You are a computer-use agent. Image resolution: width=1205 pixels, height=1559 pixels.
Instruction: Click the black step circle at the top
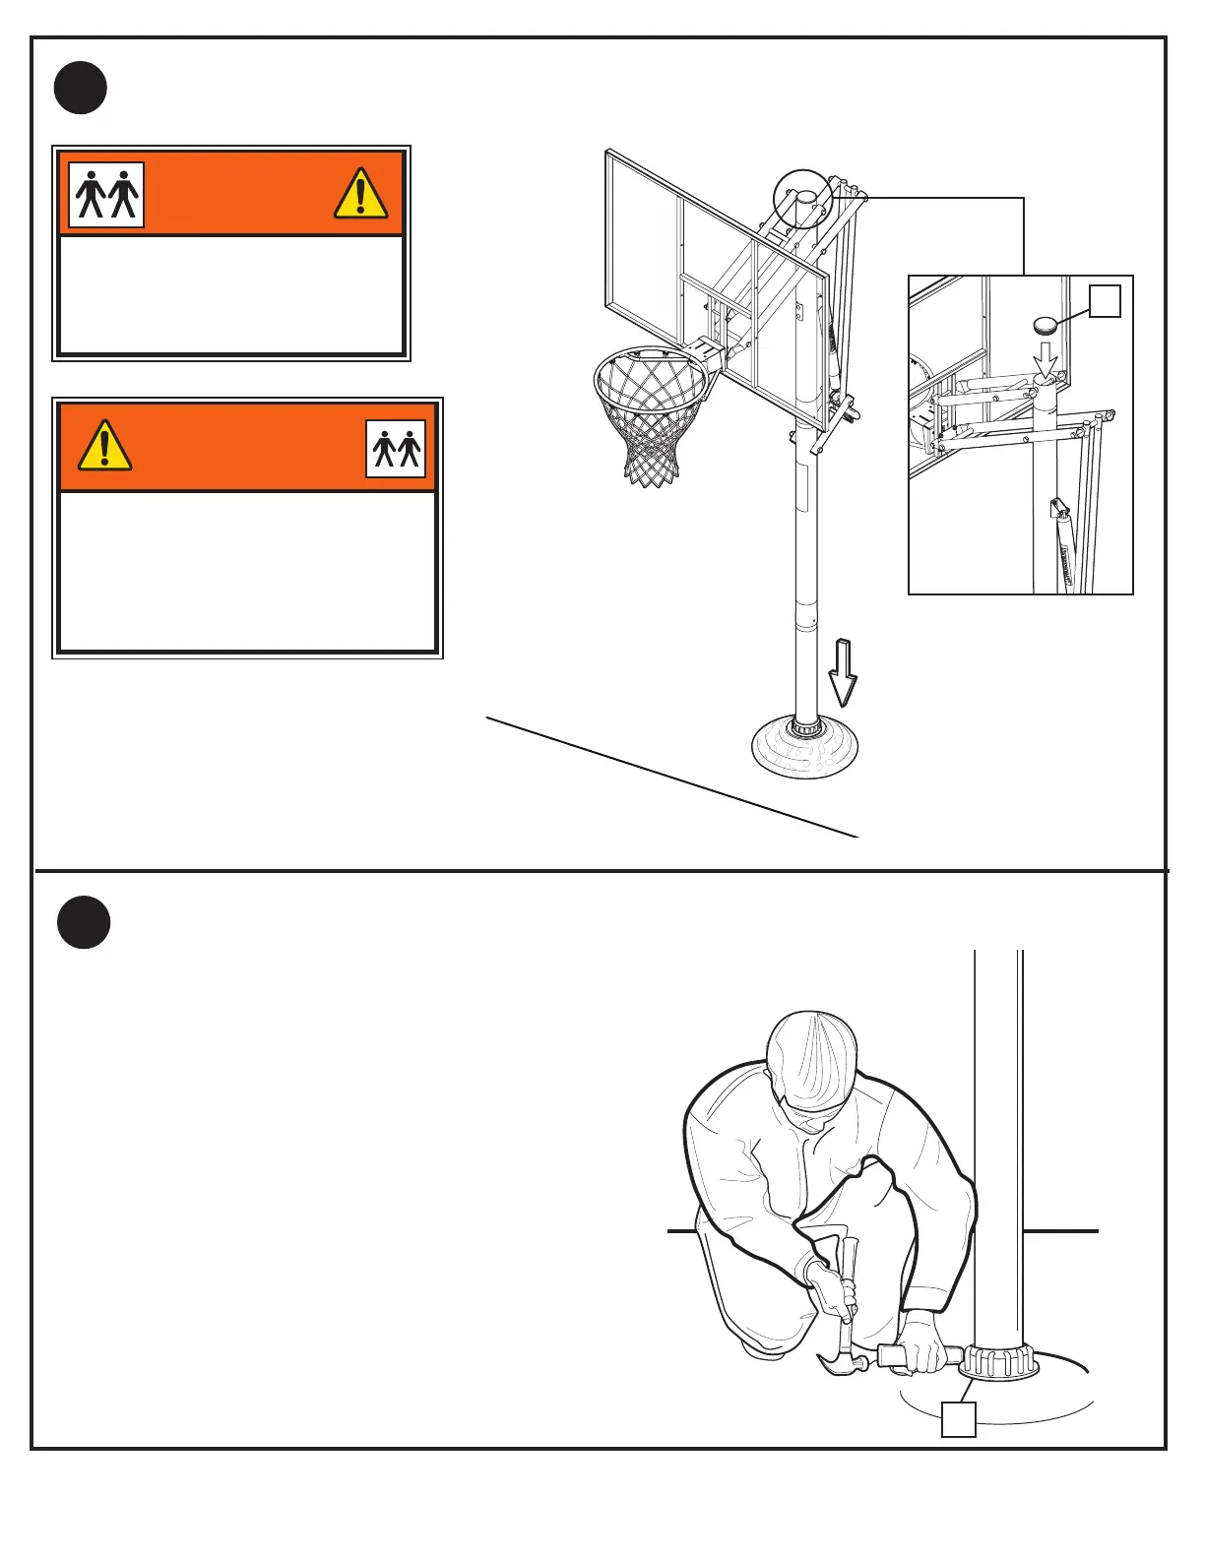point(81,88)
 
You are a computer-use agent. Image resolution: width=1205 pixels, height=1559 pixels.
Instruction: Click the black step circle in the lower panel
point(83,922)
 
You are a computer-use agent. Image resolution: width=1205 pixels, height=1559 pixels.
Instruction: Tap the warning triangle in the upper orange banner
point(360,193)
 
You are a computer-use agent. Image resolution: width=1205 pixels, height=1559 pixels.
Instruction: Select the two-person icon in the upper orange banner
point(106,195)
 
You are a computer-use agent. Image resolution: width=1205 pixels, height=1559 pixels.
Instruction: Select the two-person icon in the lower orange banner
point(396,449)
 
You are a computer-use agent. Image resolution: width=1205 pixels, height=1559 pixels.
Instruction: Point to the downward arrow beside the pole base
point(843,672)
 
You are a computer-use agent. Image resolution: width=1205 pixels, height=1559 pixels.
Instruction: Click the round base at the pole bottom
point(805,748)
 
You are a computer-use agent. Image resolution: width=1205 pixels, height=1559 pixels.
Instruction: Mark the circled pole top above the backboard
point(804,199)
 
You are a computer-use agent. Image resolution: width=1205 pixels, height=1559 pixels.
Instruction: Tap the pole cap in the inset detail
point(1046,325)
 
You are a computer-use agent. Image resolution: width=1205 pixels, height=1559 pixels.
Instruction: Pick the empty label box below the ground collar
point(959,1419)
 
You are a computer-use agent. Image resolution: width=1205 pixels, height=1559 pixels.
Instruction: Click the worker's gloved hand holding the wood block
point(925,1341)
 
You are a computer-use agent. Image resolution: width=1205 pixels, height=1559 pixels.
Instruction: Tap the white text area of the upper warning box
point(231,294)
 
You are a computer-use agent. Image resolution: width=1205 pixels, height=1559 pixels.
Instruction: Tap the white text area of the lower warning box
point(247,571)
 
